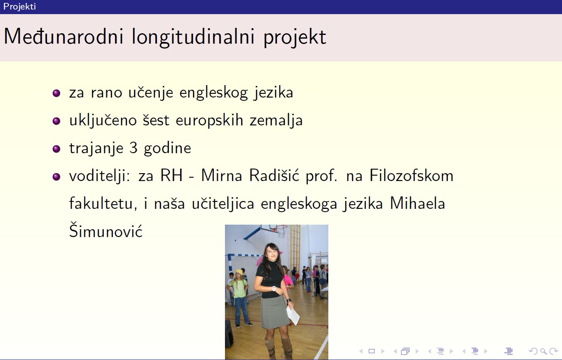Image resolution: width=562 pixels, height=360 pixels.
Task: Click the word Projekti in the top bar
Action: point(20,7)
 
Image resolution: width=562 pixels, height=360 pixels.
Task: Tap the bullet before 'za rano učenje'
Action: point(56,93)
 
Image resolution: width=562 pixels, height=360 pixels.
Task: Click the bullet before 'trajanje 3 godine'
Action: point(56,149)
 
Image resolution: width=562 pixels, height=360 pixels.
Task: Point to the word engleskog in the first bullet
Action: point(213,93)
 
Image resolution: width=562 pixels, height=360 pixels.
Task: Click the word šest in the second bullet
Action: point(156,120)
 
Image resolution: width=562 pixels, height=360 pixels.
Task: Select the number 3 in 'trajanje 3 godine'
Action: point(134,148)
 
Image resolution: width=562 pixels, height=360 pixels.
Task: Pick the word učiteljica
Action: point(223,203)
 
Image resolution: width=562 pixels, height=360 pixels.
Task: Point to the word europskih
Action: point(210,121)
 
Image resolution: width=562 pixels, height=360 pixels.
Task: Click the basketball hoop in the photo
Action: point(280,230)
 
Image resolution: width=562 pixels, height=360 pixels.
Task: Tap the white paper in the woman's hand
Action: point(293,315)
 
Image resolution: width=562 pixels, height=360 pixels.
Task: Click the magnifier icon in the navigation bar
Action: point(543,351)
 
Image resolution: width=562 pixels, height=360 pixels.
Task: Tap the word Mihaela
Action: point(417,203)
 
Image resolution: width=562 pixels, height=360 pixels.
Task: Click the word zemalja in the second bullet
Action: point(276,121)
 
